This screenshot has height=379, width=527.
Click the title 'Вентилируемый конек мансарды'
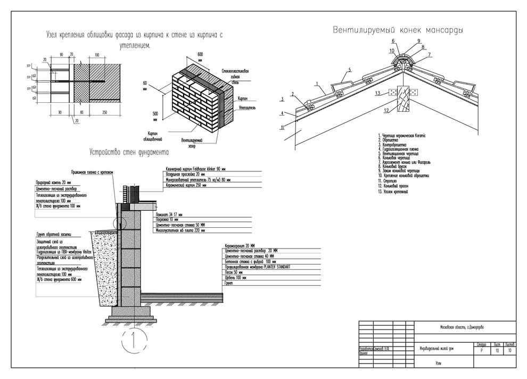[x=398, y=30]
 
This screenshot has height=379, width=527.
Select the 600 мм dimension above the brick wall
[x=201, y=55]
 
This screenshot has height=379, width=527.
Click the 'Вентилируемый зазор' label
[x=191, y=143]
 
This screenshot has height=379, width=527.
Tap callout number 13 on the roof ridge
[x=377, y=93]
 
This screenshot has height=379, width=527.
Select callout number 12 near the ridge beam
[x=387, y=111]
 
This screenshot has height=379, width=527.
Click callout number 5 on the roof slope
[x=350, y=70]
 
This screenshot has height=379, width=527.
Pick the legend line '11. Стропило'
[x=388, y=181]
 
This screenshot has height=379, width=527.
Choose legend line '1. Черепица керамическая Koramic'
[x=404, y=136]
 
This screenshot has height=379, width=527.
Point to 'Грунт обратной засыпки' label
[x=55, y=234]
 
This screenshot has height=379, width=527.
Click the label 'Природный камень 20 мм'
[x=50, y=182]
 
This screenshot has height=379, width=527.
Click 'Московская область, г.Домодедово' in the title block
[x=462, y=327]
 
